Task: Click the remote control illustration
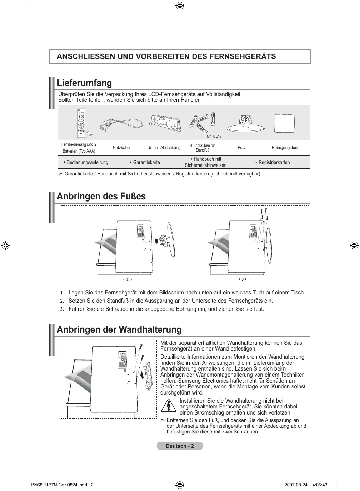click(82, 123)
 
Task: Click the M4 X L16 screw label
click(214, 137)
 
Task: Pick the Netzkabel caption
click(121, 148)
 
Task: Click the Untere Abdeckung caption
click(164, 148)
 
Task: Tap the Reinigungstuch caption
click(285, 148)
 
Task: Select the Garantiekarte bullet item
click(146, 162)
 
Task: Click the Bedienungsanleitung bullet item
click(87, 162)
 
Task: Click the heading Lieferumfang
click(84, 83)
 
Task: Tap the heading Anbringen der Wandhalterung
click(119, 329)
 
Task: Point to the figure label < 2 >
click(127, 279)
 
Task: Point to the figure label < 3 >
click(242, 279)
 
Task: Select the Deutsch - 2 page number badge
click(180, 446)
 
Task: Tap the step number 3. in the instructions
click(62, 309)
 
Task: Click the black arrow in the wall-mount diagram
click(143, 375)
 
